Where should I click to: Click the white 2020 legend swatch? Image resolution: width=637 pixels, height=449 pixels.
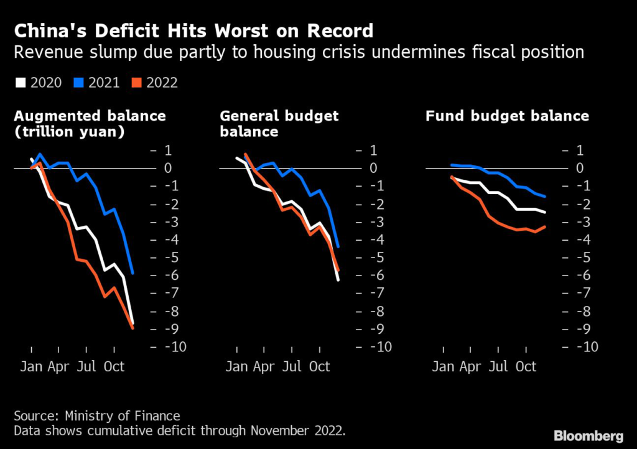click(x=20, y=82)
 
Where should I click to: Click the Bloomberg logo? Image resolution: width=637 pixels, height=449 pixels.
click(x=588, y=435)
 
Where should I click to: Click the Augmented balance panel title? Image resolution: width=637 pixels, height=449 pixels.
click(x=90, y=116)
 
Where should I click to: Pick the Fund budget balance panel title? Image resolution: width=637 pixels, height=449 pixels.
click(x=507, y=116)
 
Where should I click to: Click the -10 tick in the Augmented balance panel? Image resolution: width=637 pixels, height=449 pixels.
click(x=174, y=347)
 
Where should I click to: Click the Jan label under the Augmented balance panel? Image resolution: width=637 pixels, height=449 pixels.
click(x=31, y=367)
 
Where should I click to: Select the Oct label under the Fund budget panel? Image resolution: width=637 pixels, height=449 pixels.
click(x=526, y=367)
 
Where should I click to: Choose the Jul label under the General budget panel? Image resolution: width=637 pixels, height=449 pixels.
click(x=292, y=367)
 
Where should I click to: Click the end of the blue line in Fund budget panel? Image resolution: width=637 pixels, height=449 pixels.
click(x=546, y=197)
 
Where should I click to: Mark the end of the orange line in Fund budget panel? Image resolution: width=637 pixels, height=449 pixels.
click(x=546, y=227)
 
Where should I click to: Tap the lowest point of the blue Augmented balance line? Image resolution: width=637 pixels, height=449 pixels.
click(x=133, y=272)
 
